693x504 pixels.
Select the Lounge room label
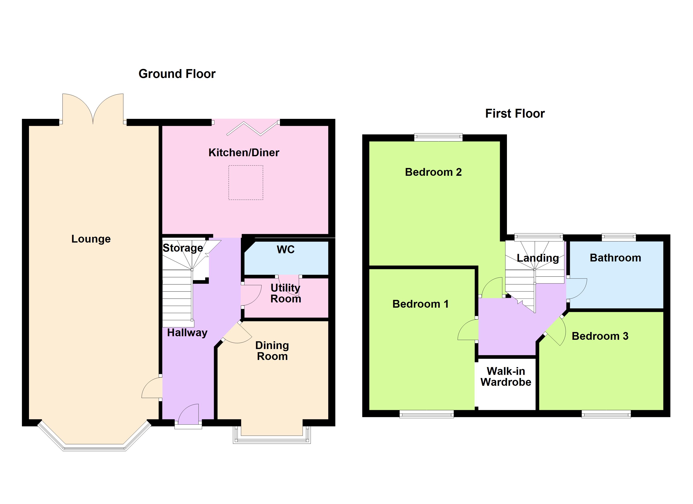pyautogui.click(x=91, y=239)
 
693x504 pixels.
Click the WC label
pyautogui.click(x=285, y=249)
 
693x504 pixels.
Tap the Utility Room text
pyautogui.click(x=285, y=293)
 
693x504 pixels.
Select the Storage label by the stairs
pyautogui.click(x=183, y=248)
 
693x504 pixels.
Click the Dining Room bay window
pyautogui.click(x=272, y=439)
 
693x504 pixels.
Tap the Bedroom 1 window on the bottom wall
pyautogui.click(x=426, y=414)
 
